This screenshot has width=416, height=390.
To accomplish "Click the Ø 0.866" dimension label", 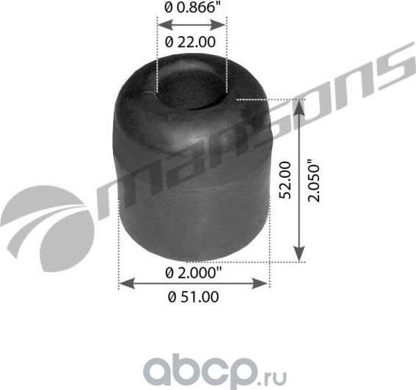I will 191,9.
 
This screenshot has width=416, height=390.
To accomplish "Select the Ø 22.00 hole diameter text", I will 191,42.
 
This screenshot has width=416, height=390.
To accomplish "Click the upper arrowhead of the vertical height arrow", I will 299,106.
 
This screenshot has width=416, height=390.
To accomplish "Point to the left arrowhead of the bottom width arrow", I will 123,283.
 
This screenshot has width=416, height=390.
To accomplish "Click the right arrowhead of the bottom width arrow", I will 266,283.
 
